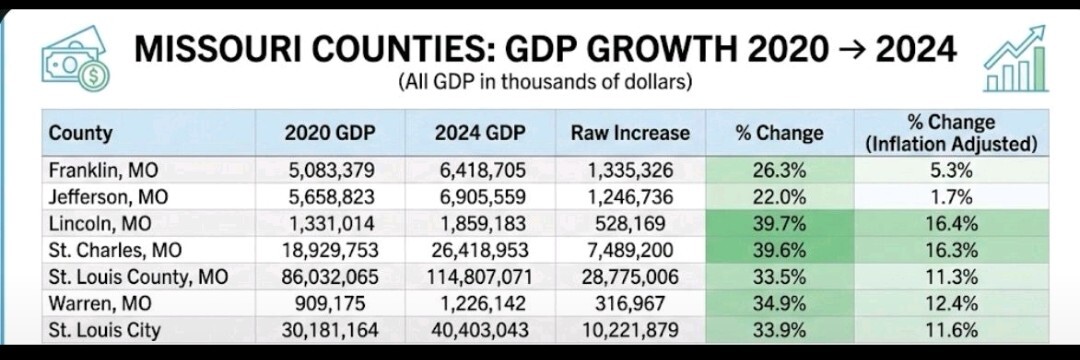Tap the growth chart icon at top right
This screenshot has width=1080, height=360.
click(x=1015, y=61)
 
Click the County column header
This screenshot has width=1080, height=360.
click(x=81, y=133)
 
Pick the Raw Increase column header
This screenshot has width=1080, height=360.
click(x=630, y=133)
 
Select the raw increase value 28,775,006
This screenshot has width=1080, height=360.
click(x=629, y=277)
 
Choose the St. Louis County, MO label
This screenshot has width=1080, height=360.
click(x=138, y=277)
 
